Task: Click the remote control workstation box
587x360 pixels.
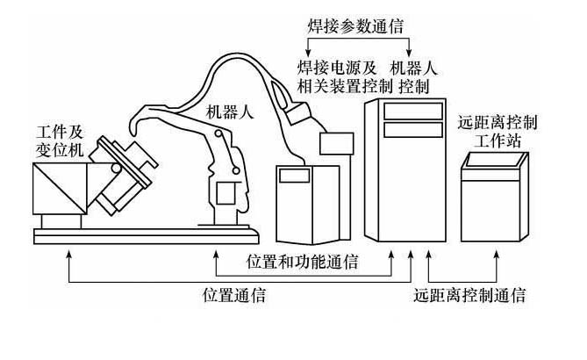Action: pyautogui.click(x=496, y=198)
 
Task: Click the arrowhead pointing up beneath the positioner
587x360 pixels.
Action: pyautogui.click(x=68, y=255)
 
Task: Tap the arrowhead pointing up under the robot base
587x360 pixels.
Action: pyautogui.click(x=216, y=256)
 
